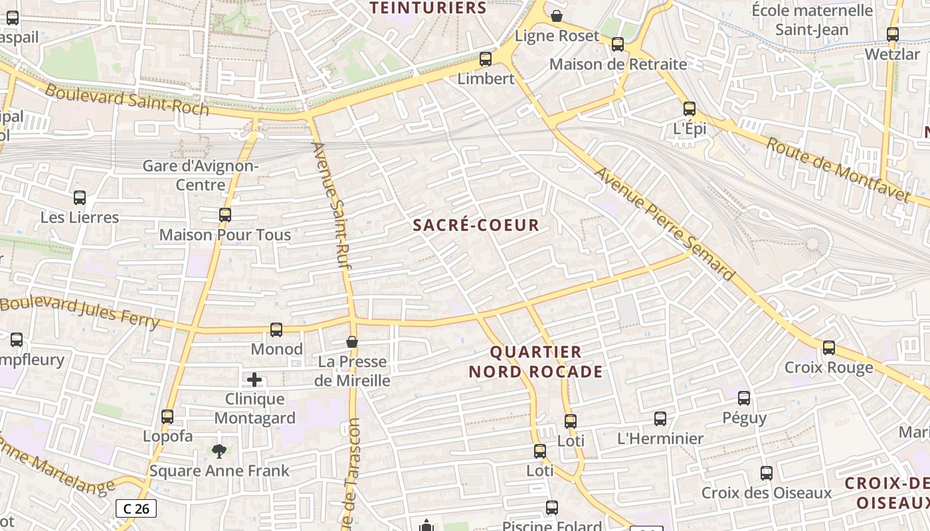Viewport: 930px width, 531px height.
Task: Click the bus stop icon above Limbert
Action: point(486,58)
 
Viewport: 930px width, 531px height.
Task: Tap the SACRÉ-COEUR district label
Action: point(476,225)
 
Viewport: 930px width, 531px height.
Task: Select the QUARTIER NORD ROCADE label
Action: point(535,362)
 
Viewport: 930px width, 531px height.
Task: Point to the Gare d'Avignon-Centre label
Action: point(201,175)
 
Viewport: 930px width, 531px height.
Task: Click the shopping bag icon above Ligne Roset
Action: point(557,16)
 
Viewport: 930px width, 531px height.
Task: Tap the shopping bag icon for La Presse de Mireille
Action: point(352,342)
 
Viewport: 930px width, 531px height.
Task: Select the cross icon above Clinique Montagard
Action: point(254,380)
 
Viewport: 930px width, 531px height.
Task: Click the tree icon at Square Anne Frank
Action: point(219,451)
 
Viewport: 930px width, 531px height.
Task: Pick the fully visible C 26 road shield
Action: point(136,508)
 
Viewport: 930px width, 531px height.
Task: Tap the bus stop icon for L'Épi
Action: point(690,109)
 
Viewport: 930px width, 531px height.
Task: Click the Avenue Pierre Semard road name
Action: point(665,224)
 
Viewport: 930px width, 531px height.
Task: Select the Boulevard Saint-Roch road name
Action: point(127,100)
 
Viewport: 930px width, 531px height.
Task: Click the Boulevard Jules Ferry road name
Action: point(80,312)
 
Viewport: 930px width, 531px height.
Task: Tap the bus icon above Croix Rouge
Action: point(828,347)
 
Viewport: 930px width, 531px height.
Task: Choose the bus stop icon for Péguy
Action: point(744,398)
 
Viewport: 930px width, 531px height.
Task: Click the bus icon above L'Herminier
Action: point(660,419)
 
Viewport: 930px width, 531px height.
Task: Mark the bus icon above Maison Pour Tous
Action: point(225,215)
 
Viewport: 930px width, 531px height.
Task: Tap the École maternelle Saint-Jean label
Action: point(812,20)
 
